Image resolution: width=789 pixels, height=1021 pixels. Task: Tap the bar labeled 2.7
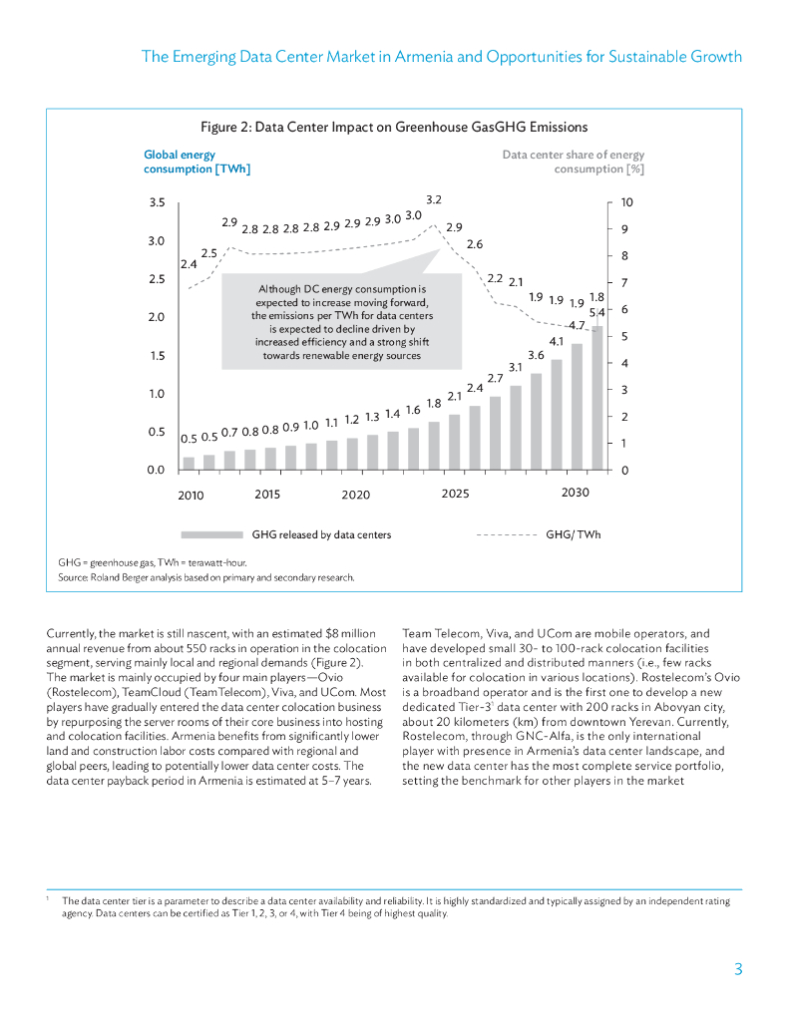[495, 432]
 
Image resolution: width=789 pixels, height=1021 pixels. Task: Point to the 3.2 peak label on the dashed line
[434, 201]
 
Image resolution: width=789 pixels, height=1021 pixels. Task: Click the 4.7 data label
[576, 326]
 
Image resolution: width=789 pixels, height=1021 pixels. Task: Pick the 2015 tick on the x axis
[267, 494]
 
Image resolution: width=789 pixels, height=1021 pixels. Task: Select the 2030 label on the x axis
[576, 494]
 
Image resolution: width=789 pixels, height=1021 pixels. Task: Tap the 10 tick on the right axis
[625, 202]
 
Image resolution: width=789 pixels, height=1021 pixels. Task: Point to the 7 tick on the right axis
[625, 283]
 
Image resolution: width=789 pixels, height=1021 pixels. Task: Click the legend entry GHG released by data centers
[321, 535]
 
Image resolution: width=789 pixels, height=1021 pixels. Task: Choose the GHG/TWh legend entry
[573, 535]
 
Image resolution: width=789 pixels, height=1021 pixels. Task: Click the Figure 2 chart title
[394, 127]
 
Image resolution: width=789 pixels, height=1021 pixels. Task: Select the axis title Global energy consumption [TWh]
[197, 162]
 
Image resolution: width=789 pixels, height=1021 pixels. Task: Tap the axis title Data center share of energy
[573, 155]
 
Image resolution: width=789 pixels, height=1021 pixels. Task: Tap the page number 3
[737, 969]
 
